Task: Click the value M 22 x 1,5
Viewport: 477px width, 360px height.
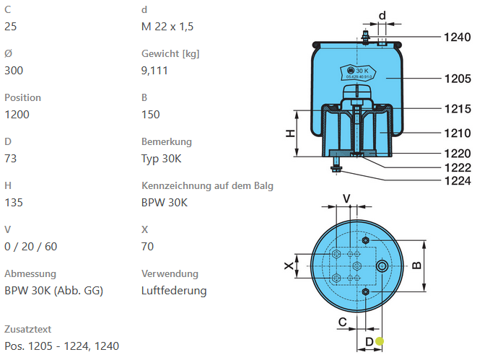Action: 167,27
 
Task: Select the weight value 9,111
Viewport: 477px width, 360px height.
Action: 155,71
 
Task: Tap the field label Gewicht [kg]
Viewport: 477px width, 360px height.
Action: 170,53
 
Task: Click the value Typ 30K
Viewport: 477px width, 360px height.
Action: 161,159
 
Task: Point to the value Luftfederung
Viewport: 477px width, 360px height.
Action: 174,291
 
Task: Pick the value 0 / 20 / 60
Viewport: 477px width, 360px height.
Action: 30,247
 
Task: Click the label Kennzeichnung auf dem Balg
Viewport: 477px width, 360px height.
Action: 207,185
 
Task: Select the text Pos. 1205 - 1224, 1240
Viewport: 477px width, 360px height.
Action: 61,346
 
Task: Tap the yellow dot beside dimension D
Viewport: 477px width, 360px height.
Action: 380,342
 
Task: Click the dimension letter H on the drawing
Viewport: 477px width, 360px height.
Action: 289,133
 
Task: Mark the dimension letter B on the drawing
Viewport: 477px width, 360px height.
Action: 416,265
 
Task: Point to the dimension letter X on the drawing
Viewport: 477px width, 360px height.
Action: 289,266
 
